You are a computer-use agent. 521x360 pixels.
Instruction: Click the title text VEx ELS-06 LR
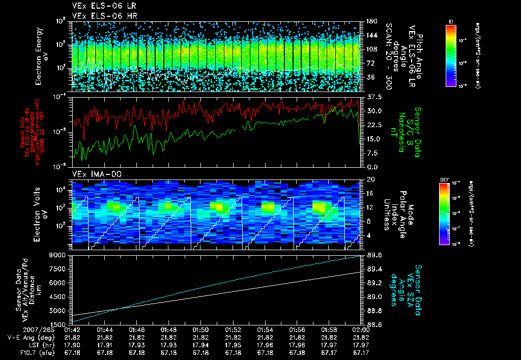pyautogui.click(x=100, y=6)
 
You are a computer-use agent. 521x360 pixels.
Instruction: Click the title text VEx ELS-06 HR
pyautogui.click(x=100, y=16)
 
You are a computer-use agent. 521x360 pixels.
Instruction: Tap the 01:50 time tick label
pyautogui.click(x=200, y=330)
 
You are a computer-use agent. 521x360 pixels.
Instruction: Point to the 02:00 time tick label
pyautogui.click(x=361, y=330)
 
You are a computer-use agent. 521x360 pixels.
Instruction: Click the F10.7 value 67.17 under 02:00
pyautogui.click(x=361, y=351)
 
